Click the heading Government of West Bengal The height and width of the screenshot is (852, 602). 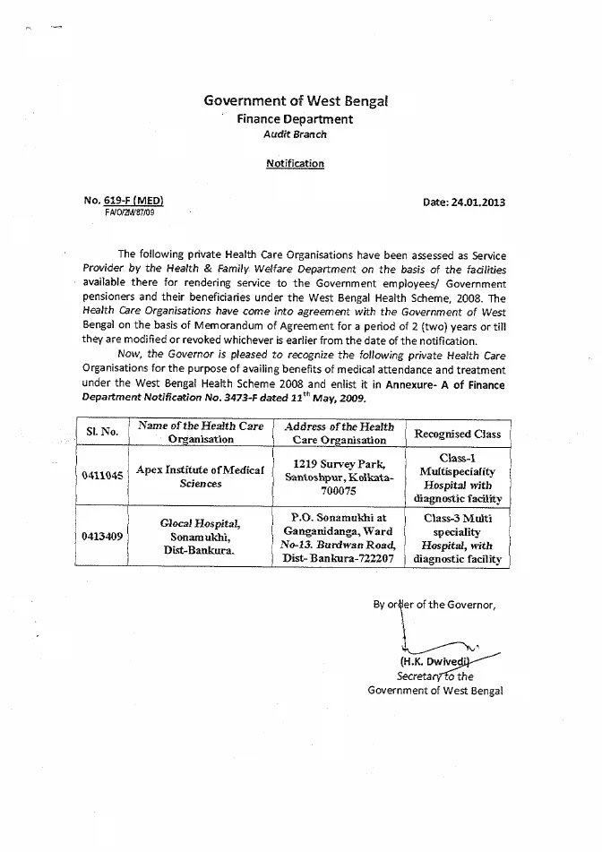point(296,101)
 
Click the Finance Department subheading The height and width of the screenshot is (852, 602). point(295,119)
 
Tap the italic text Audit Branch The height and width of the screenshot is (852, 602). point(295,134)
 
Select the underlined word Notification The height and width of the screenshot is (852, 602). point(295,163)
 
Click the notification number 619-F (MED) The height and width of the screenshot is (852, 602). point(134,202)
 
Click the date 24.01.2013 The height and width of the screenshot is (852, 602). point(463,202)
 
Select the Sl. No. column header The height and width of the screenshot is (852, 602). point(102,433)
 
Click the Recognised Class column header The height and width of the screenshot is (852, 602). point(457,434)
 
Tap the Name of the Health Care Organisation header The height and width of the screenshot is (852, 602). point(201,433)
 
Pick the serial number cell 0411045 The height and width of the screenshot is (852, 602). point(102,476)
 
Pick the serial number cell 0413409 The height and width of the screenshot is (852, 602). point(102,537)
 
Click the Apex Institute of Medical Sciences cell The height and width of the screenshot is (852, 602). point(200,476)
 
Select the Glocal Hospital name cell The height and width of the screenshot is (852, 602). point(201,536)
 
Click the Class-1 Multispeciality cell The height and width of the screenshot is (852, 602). point(457,477)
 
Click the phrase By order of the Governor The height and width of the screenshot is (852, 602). point(434,604)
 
